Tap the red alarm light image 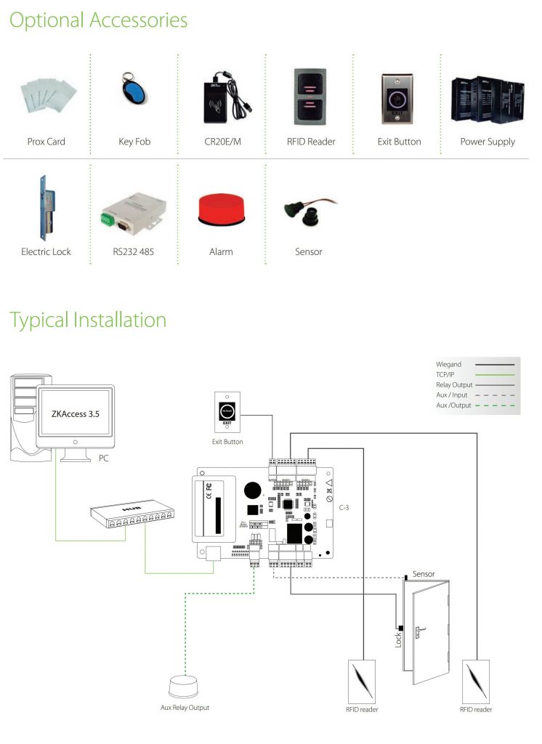tap(221, 209)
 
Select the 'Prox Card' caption tap(46, 142)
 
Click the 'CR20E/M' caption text tap(221, 142)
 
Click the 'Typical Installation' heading tap(88, 320)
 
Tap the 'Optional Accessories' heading tap(98, 20)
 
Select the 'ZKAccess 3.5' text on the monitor tap(75, 415)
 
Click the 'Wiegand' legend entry tap(448, 364)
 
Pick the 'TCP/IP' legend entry tap(445, 374)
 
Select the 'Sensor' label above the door tap(424, 574)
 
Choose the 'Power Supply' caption tap(488, 142)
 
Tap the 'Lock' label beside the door tap(398, 639)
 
